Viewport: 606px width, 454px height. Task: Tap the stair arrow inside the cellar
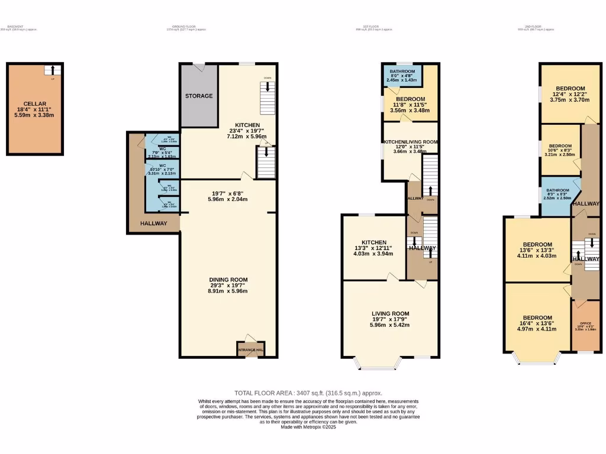click(53, 70)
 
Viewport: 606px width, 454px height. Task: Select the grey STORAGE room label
click(199, 96)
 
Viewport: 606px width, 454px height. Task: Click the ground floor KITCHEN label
click(247, 125)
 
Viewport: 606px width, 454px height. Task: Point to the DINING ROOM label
click(228, 280)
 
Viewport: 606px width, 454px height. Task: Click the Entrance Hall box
click(250, 349)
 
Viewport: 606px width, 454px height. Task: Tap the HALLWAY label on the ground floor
click(153, 223)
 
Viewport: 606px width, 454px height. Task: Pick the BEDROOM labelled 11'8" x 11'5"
click(410, 99)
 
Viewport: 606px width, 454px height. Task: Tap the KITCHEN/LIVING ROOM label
click(410, 142)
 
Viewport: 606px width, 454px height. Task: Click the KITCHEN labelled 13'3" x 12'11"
click(374, 242)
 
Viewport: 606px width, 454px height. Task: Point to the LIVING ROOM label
click(391, 313)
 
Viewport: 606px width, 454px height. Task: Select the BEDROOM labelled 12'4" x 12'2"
click(569, 89)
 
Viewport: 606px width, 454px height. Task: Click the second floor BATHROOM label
click(557, 190)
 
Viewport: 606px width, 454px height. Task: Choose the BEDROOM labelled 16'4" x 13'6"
click(537, 317)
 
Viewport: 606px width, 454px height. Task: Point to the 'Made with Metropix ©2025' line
click(308, 427)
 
